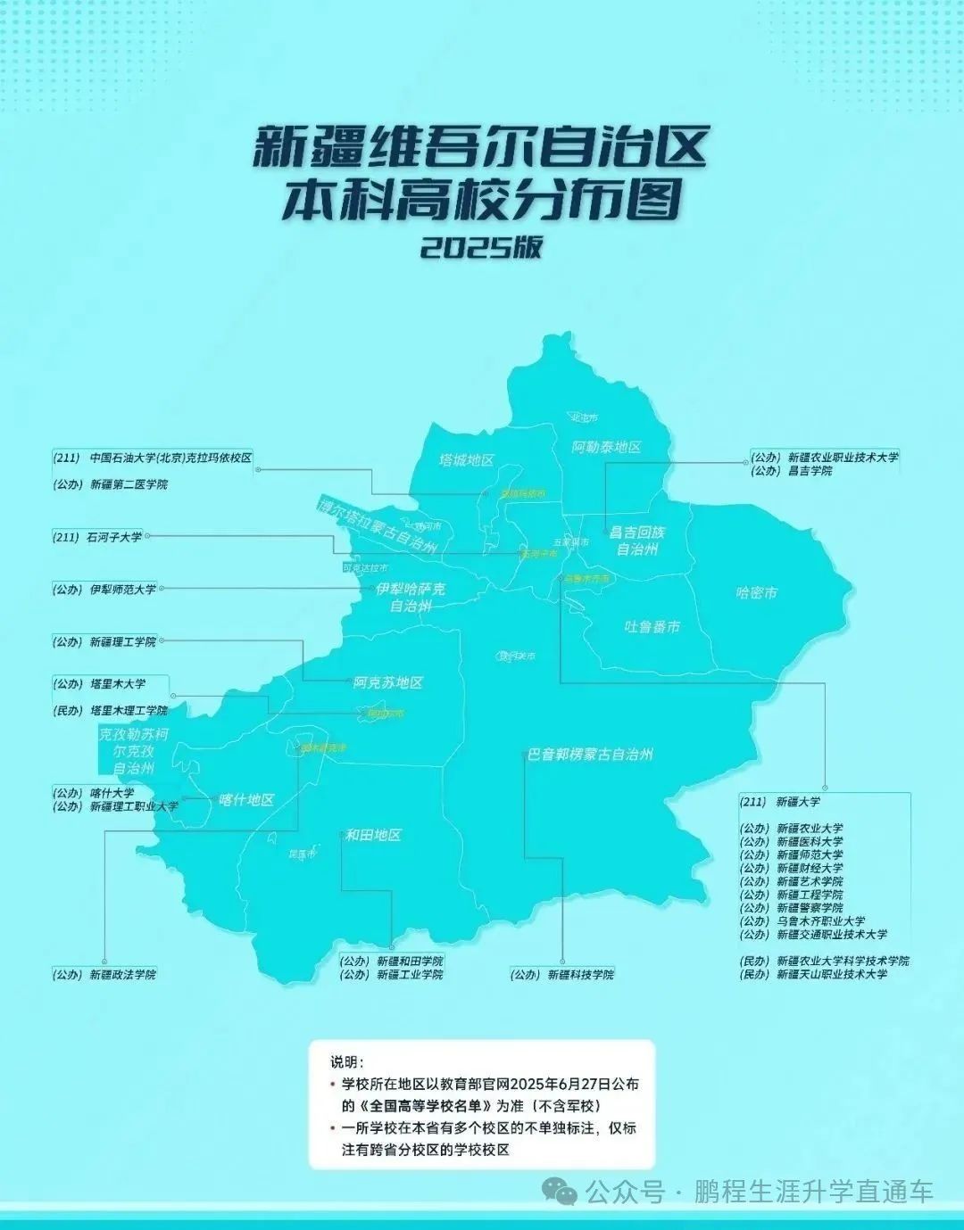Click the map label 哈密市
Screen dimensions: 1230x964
click(756, 593)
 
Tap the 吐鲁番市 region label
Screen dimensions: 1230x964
click(652, 627)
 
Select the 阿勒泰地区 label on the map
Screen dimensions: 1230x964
click(607, 447)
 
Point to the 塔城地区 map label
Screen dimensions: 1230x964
click(467, 460)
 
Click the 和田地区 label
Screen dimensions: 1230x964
click(373, 836)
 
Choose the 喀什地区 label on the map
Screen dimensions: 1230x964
click(246, 800)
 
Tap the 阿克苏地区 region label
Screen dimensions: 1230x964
click(387, 683)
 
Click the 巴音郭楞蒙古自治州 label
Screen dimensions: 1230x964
click(589, 755)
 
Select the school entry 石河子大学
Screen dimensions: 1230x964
click(114, 537)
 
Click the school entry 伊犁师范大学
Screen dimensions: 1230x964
click(123, 590)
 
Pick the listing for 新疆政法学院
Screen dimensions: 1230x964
click(122, 975)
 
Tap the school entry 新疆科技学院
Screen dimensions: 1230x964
click(581, 975)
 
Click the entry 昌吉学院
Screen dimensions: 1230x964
click(810, 471)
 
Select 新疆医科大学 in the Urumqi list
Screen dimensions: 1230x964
click(810, 841)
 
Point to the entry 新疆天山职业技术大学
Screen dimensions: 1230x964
click(832, 975)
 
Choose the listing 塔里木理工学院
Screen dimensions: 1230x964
click(129, 711)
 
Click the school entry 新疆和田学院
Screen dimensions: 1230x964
click(410, 962)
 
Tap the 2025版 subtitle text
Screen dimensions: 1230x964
click(482, 247)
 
